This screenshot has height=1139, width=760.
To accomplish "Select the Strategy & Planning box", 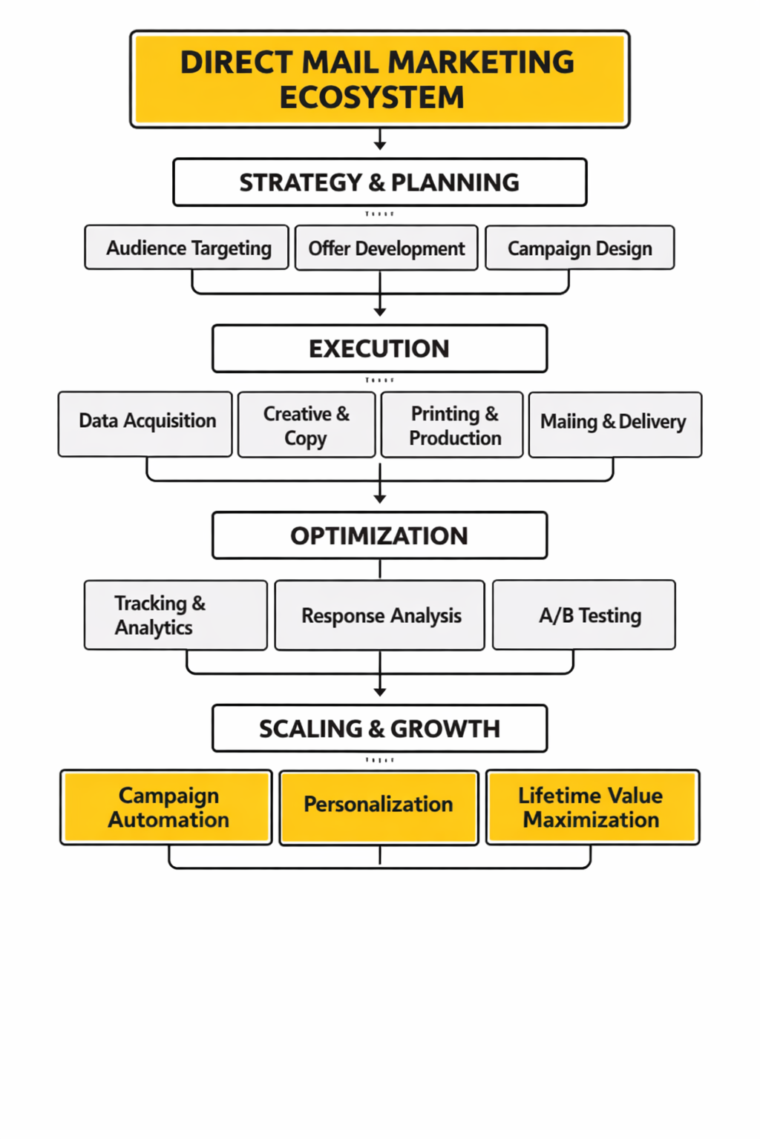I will [x=379, y=182].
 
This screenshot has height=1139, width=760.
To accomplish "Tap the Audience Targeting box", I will [x=187, y=248].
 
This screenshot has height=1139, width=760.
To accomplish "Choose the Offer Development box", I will [x=386, y=248].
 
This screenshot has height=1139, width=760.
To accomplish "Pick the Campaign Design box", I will [x=580, y=248].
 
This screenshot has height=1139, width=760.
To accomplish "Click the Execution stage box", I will [x=379, y=349].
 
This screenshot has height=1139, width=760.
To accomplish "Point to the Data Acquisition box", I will [x=146, y=424].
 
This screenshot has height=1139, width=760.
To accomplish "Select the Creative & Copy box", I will [x=306, y=425].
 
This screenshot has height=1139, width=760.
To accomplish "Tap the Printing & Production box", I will [x=452, y=425].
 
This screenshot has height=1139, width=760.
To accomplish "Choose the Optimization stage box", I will [x=379, y=535].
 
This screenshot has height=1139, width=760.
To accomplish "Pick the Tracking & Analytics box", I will [x=176, y=615].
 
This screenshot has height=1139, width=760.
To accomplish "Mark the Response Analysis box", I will [x=379, y=615].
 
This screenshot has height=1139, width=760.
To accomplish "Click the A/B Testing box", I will [x=584, y=615].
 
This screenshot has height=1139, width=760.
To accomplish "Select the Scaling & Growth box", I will [x=379, y=728].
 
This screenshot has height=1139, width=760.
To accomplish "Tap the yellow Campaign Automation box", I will [x=167, y=808].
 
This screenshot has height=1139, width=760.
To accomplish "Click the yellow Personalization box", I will [x=379, y=808].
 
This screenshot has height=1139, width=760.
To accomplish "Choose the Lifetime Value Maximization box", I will [x=592, y=808].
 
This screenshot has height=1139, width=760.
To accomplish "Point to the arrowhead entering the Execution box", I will [x=380, y=313].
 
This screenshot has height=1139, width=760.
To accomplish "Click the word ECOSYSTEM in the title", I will [x=372, y=98].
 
